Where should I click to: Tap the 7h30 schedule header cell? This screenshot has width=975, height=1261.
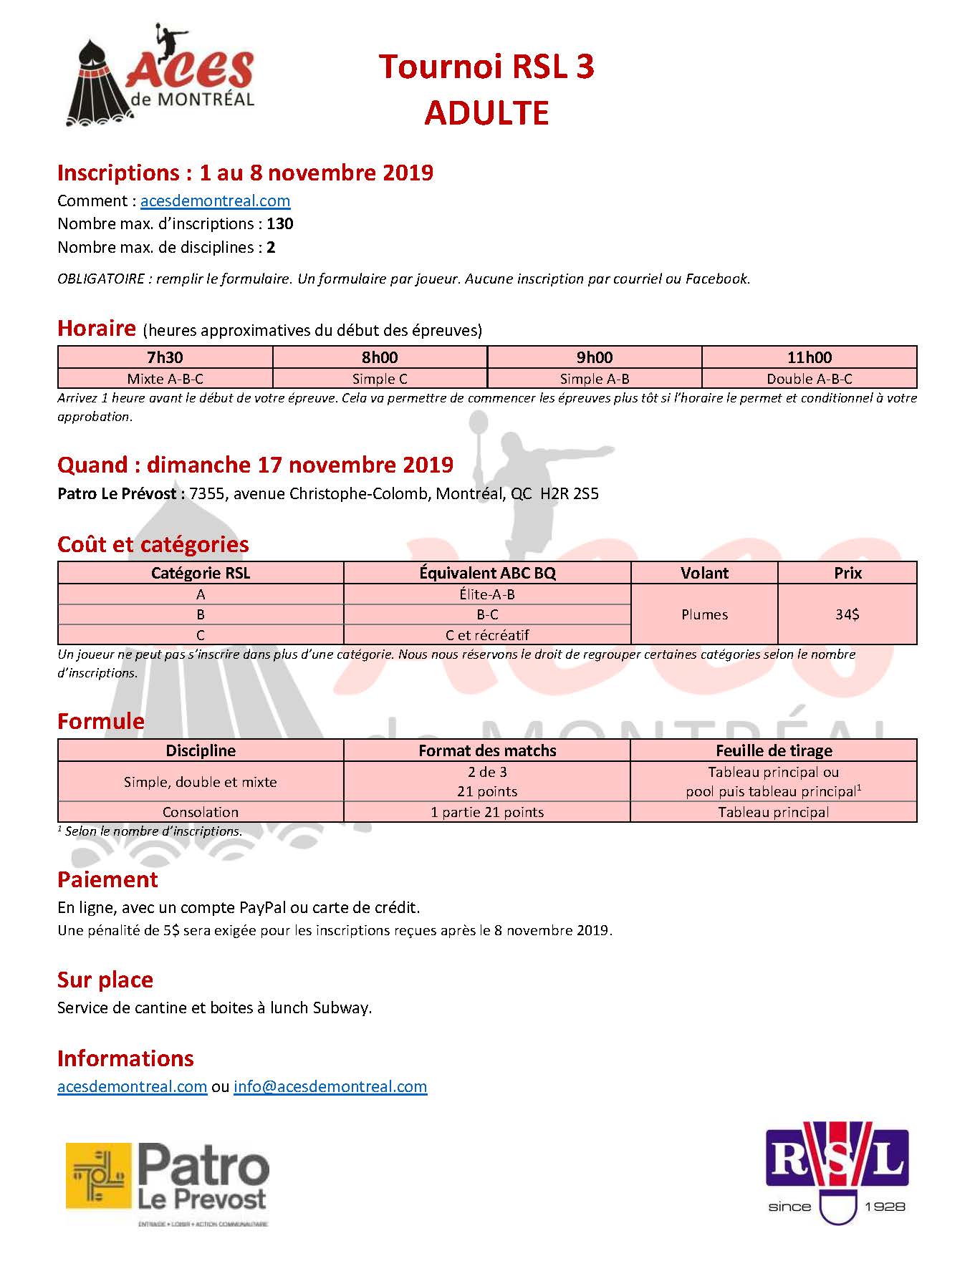(x=165, y=357)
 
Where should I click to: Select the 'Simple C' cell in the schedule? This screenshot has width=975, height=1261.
(x=380, y=379)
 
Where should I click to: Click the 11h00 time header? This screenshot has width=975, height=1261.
(x=810, y=357)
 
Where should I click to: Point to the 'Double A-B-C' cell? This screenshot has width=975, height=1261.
(x=810, y=379)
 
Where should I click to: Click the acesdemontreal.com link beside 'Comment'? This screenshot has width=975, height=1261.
(x=215, y=201)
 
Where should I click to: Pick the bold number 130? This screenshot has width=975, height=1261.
(x=280, y=224)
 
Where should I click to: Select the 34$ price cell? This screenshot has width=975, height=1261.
(x=847, y=614)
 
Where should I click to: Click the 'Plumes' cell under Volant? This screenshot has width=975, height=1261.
(x=704, y=614)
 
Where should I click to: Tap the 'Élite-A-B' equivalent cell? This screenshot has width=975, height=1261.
(x=487, y=594)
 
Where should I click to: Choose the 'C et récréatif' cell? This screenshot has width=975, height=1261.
(x=487, y=635)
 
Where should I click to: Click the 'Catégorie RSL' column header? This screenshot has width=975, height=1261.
(x=201, y=573)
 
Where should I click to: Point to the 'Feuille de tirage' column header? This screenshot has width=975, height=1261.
(x=774, y=750)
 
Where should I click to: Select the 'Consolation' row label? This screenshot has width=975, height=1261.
(x=201, y=812)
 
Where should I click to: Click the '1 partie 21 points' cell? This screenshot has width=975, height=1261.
(x=487, y=812)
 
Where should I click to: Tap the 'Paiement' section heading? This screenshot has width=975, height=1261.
(x=107, y=879)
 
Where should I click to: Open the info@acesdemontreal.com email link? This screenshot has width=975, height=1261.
(x=330, y=1086)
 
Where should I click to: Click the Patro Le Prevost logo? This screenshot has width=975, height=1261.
(x=168, y=1184)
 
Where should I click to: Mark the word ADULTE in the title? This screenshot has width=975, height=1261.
(x=486, y=113)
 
